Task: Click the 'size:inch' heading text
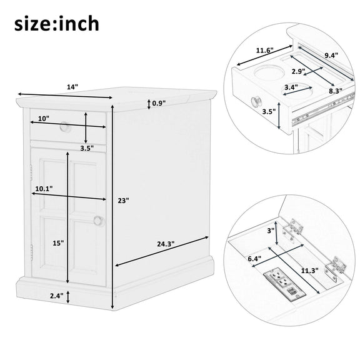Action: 57,23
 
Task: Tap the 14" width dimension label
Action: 72,87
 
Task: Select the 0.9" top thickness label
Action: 159,103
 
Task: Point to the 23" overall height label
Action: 124,201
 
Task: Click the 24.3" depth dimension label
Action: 166,244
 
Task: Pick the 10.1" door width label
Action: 44,189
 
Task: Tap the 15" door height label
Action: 58,243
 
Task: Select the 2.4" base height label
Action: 57,296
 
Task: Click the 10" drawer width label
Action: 44,119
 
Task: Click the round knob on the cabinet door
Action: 99,221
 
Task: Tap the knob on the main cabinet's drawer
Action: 65,127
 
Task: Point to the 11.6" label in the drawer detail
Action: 265,50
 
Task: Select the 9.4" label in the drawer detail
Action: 331,55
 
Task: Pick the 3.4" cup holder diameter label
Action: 291,87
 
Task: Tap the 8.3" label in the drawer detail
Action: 336,91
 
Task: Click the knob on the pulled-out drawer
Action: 256,102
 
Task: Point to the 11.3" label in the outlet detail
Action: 310,271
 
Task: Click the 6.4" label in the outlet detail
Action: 254,259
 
